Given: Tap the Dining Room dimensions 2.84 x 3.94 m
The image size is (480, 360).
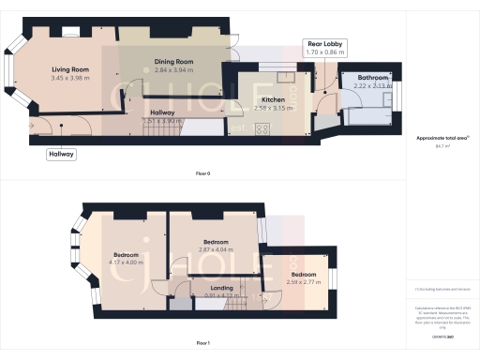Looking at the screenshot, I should [x=173, y=69].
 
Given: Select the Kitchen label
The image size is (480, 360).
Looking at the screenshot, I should [x=273, y=98].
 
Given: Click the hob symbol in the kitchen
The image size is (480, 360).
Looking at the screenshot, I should [x=263, y=128].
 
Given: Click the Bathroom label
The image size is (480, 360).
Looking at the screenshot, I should [x=370, y=78].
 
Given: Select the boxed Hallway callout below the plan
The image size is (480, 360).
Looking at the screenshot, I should [x=62, y=154].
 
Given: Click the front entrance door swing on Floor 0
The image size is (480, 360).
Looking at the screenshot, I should [x=39, y=127].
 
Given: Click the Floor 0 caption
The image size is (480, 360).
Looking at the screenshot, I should [x=202, y=174].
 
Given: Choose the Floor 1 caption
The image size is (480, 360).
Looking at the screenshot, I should [x=202, y=344].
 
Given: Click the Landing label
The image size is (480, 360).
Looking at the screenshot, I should [x=222, y=288].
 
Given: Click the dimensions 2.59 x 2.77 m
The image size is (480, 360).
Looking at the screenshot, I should [x=301, y=282].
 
